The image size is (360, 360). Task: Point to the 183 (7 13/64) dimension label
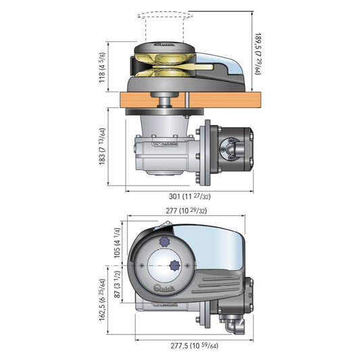[x=101, y=148]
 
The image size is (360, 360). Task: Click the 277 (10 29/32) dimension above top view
[x=186, y=211]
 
